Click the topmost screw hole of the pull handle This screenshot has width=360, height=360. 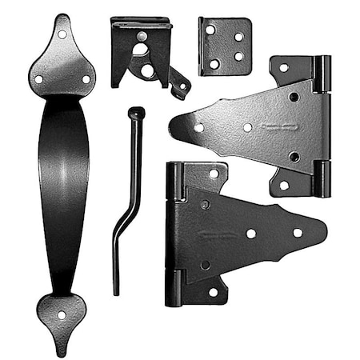point(62,35)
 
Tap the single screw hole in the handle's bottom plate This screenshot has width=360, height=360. point(62,314)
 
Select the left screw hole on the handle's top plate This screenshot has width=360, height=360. point(38,78)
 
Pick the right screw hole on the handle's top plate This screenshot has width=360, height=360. point(86,78)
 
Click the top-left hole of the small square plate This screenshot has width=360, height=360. point(210,30)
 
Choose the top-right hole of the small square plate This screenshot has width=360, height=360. point(239,36)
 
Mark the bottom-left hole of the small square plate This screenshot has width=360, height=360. point(214,63)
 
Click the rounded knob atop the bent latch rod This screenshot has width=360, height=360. point(138,113)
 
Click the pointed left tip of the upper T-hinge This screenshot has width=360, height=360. point(172,126)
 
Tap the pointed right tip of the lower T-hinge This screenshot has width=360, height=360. point(325,233)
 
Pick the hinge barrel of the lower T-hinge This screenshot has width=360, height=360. point(174,234)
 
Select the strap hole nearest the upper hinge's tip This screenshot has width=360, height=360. point(198,126)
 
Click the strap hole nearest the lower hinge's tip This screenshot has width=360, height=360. point(298,233)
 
